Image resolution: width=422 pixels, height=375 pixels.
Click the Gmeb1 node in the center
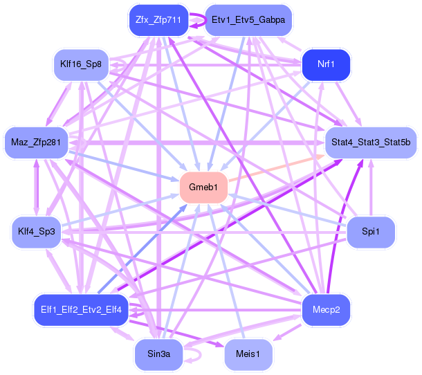pyautogui.click(x=204, y=187)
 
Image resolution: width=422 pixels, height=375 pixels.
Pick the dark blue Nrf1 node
pyautogui.click(x=326, y=64)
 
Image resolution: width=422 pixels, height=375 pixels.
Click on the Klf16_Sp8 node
pyautogui.click(x=80, y=64)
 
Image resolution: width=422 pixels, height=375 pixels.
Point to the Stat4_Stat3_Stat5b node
pyautogui.click(x=370, y=143)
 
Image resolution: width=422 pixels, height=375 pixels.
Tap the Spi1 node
pyautogui.click(x=371, y=230)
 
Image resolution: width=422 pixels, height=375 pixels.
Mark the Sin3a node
pyautogui.click(x=158, y=354)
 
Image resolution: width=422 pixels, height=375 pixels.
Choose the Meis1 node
pyautogui.click(x=248, y=354)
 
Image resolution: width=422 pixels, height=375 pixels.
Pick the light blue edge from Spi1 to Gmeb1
pyautogui.click(x=291, y=210)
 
